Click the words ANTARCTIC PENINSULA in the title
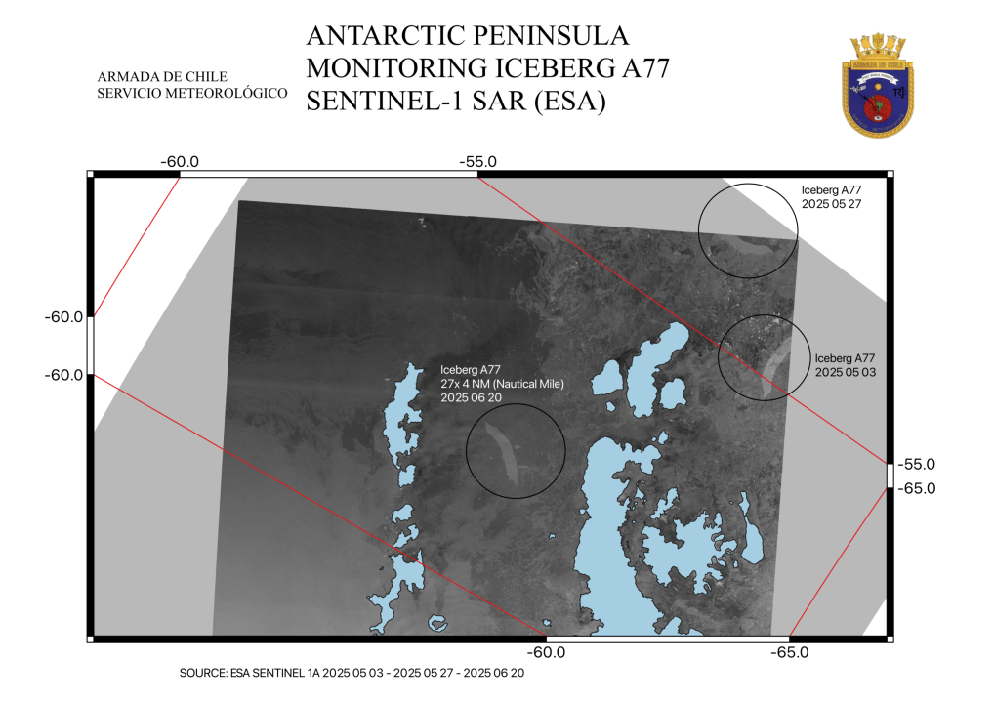468,37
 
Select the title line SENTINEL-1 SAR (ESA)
455,101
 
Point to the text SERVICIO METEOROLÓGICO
192,93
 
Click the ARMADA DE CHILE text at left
162,76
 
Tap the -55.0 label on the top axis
478,161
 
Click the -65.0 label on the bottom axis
789,652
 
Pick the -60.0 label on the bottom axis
545,652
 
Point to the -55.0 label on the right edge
916,464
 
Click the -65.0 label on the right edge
916,488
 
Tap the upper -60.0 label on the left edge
64,317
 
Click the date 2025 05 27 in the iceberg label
831,205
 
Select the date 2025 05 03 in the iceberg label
845,373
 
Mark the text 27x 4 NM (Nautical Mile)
502,384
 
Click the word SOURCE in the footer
203,674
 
